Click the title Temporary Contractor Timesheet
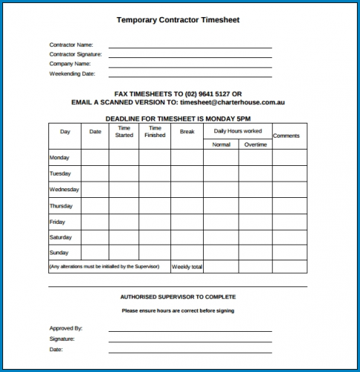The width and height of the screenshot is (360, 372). [179, 20]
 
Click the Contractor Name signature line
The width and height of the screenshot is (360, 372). [190, 47]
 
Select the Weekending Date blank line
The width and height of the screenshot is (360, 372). [190, 76]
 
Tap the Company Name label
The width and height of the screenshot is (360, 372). [71, 64]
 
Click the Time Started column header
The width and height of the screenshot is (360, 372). [123, 132]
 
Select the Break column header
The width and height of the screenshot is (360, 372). [187, 132]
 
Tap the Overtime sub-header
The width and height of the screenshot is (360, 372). [255, 144]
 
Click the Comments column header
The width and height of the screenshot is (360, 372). [286, 136]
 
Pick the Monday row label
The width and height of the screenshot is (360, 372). [60, 158]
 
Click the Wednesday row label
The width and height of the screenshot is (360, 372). [64, 190]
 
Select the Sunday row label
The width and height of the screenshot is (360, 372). [59, 253]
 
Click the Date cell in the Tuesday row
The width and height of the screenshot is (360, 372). [95, 173]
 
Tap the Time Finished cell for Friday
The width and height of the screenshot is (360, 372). [155, 221]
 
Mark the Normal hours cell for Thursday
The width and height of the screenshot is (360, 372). [221, 205]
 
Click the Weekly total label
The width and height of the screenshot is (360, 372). [187, 266]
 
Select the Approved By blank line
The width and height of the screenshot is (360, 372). [190, 330]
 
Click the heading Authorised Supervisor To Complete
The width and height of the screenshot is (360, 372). [178, 297]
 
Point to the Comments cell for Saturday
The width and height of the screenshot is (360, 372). [289, 237]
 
